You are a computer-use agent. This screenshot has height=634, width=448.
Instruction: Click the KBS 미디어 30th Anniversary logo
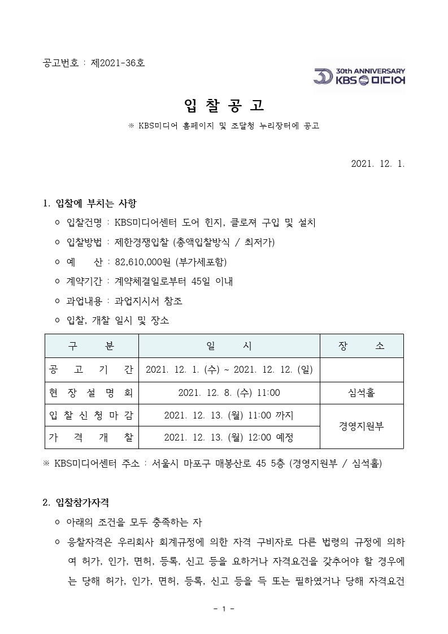tap(359, 76)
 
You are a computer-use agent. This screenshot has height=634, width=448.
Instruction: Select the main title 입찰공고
tap(224, 105)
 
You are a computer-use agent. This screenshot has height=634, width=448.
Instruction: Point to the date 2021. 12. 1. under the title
tap(377, 163)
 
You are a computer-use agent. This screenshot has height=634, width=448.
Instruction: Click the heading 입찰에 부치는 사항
tap(96, 203)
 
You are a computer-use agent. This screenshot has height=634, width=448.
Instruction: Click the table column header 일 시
tap(229, 346)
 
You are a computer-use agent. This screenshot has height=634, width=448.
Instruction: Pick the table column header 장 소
tap(362, 346)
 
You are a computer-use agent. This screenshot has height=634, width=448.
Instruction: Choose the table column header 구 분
tap(92, 346)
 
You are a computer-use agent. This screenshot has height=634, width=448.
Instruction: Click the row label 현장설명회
tap(92, 393)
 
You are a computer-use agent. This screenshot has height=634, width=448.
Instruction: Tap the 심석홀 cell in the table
tap(362, 393)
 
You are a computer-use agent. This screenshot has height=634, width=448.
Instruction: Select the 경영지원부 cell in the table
tap(362, 426)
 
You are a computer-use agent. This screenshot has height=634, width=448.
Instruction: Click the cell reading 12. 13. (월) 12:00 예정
tap(229, 438)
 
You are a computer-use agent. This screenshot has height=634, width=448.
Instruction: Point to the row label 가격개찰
tap(92, 438)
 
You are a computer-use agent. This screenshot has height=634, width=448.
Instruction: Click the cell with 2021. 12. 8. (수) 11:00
tap(229, 393)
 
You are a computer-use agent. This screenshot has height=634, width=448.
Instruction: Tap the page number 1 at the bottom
tap(224, 609)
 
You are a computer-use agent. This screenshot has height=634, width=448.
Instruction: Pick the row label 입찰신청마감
tap(92, 416)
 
